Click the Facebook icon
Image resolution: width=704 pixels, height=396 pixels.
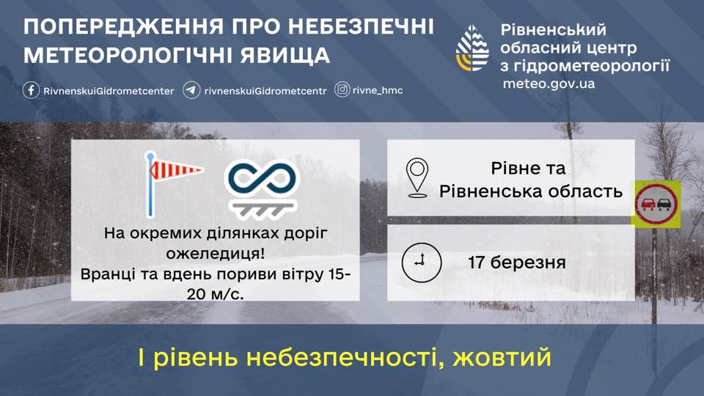pyautogui.click(x=31, y=90)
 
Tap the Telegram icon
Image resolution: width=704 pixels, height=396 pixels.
pyautogui.click(x=191, y=90)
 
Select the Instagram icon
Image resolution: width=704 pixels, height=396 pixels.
pyautogui.click(x=342, y=89)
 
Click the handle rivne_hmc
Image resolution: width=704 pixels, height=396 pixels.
pyautogui.click(x=378, y=90)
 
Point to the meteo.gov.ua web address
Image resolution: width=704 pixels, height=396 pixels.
pyautogui.click(x=549, y=84)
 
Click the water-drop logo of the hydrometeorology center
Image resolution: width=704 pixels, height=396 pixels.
pyautogui.click(x=472, y=48)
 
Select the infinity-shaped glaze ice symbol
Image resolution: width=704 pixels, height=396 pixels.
pyautogui.click(x=262, y=189)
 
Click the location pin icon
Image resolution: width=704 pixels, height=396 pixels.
pyautogui.click(x=417, y=177)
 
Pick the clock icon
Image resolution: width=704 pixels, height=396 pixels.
pyautogui.click(x=421, y=263)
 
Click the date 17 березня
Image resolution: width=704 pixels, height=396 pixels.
pyautogui.click(x=517, y=263)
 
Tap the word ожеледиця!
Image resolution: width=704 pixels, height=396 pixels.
pyautogui.click(x=215, y=253)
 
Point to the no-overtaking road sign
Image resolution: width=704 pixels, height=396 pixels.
pyautogui.click(x=656, y=205)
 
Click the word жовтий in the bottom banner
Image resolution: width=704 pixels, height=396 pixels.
pyautogui.click(x=502, y=358)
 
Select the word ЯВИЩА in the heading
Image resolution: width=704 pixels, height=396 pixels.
pyautogui.click(x=285, y=55)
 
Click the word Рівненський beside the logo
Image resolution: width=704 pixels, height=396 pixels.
pyautogui.click(x=554, y=30)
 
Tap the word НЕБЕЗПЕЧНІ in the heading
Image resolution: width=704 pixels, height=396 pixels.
pyautogui.click(x=361, y=26)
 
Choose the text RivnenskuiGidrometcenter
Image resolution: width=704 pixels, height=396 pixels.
pyautogui.click(x=109, y=91)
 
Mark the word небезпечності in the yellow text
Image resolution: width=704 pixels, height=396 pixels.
pyautogui.click(x=345, y=358)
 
